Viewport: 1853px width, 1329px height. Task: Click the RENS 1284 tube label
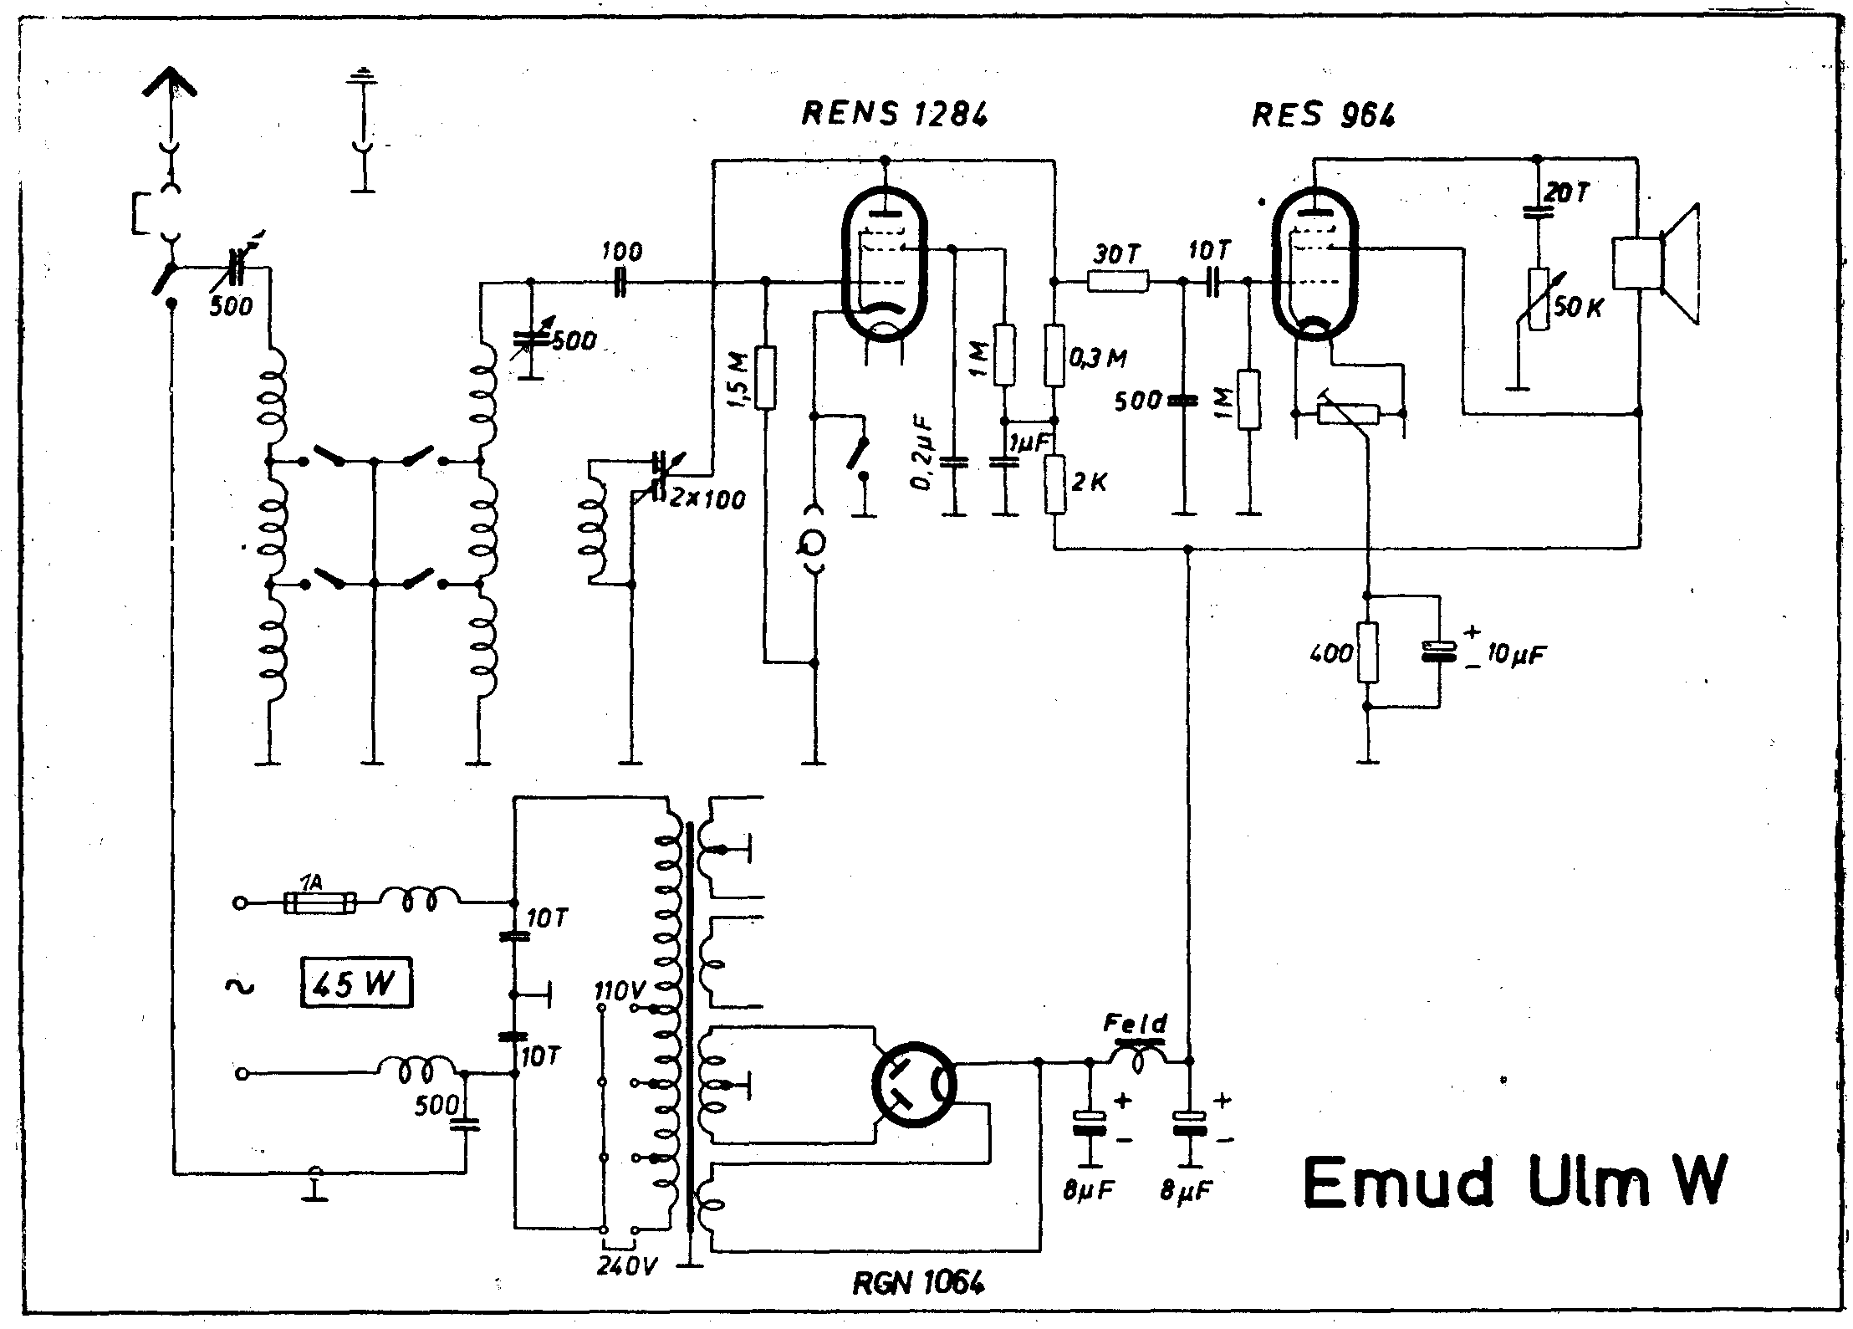894,114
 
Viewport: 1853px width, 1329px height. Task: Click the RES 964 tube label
1323,115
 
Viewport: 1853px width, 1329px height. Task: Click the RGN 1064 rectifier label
917,1282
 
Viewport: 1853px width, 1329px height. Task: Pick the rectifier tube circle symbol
914,1084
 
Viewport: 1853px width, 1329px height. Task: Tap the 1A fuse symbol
321,902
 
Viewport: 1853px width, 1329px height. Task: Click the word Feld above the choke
1136,1023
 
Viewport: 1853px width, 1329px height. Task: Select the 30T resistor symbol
1118,282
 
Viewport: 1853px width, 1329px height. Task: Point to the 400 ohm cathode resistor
1368,652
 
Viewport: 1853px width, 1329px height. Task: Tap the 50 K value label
1577,307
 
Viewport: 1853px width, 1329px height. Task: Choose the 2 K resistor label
1088,483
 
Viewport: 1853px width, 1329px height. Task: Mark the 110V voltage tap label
620,992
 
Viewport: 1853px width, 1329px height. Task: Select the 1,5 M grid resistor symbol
764,377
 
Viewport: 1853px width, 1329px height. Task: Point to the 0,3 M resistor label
1097,359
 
